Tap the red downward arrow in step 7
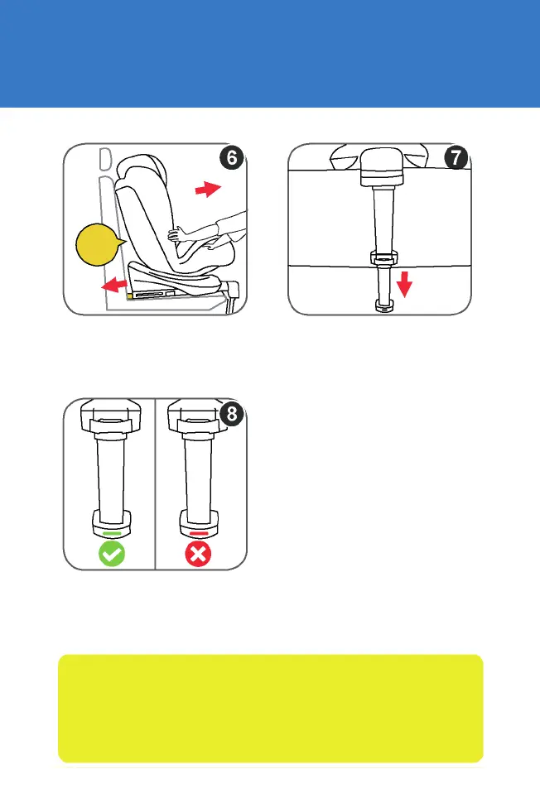point(403,286)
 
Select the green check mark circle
point(112,554)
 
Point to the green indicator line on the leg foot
point(112,534)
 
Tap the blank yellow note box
point(270,708)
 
